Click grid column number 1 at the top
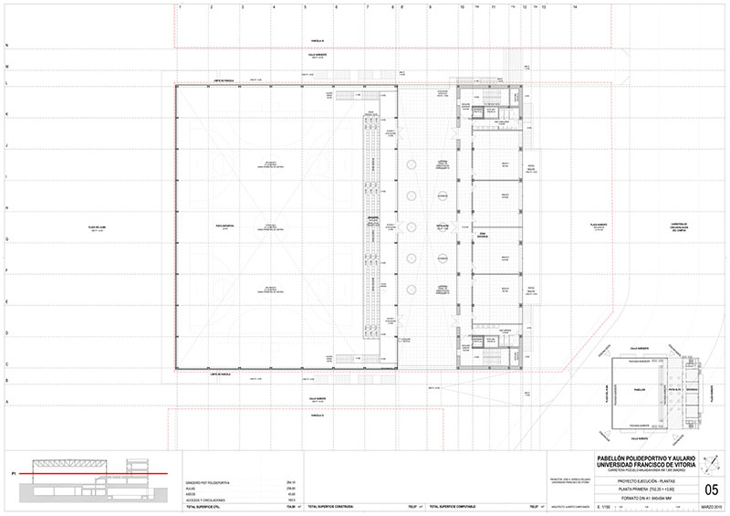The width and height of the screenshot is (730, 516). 181,6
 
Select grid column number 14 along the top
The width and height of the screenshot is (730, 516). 575,6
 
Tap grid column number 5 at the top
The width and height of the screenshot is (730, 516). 305,6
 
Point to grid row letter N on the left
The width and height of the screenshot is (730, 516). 7,45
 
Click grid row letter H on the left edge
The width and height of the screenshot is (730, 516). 7,208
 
